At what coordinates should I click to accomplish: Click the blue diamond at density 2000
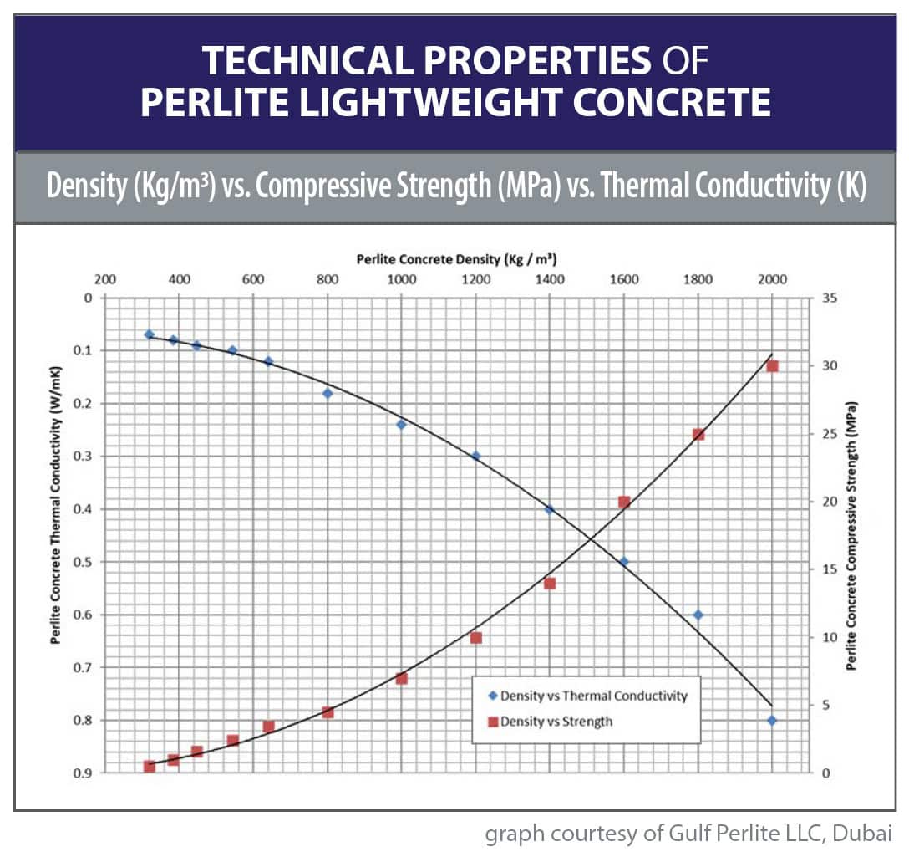(772, 721)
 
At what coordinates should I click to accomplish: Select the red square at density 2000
(772, 366)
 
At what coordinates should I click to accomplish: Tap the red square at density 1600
(624, 502)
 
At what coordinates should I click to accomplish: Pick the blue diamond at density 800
(328, 393)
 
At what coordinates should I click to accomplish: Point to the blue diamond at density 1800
(698, 615)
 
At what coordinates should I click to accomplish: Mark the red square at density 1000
(401, 678)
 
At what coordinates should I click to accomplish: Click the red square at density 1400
(550, 584)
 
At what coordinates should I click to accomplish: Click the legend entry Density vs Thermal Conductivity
(588, 696)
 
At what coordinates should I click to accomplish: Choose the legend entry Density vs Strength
(551, 722)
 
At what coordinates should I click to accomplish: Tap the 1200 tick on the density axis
(476, 279)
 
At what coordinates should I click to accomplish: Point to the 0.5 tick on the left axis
(83, 562)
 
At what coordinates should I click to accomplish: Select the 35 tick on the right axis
(830, 298)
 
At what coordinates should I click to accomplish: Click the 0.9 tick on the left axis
(83, 773)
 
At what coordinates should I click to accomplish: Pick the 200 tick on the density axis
(105, 279)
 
